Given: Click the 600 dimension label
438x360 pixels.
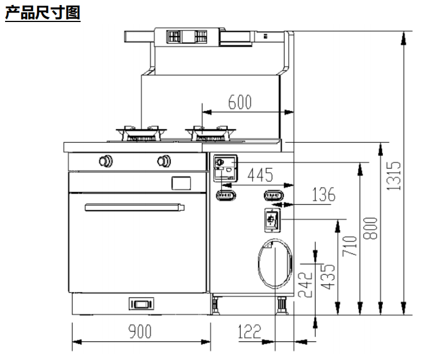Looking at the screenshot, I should pyautogui.click(x=239, y=102).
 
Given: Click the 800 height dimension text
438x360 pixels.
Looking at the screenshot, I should pyautogui.click(x=370, y=228).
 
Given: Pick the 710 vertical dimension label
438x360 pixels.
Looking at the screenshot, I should pyautogui.click(x=350, y=247).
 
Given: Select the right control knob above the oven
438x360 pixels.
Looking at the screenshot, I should pyautogui.click(x=163, y=161).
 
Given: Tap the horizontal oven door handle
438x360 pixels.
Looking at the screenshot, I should pyautogui.click(x=135, y=208).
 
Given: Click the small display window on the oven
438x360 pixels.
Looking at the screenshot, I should pyautogui.click(x=181, y=183).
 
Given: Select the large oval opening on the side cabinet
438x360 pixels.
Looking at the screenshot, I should pyautogui.click(x=275, y=263).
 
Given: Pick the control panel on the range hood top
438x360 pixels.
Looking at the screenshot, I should pyautogui.click(x=187, y=37).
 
